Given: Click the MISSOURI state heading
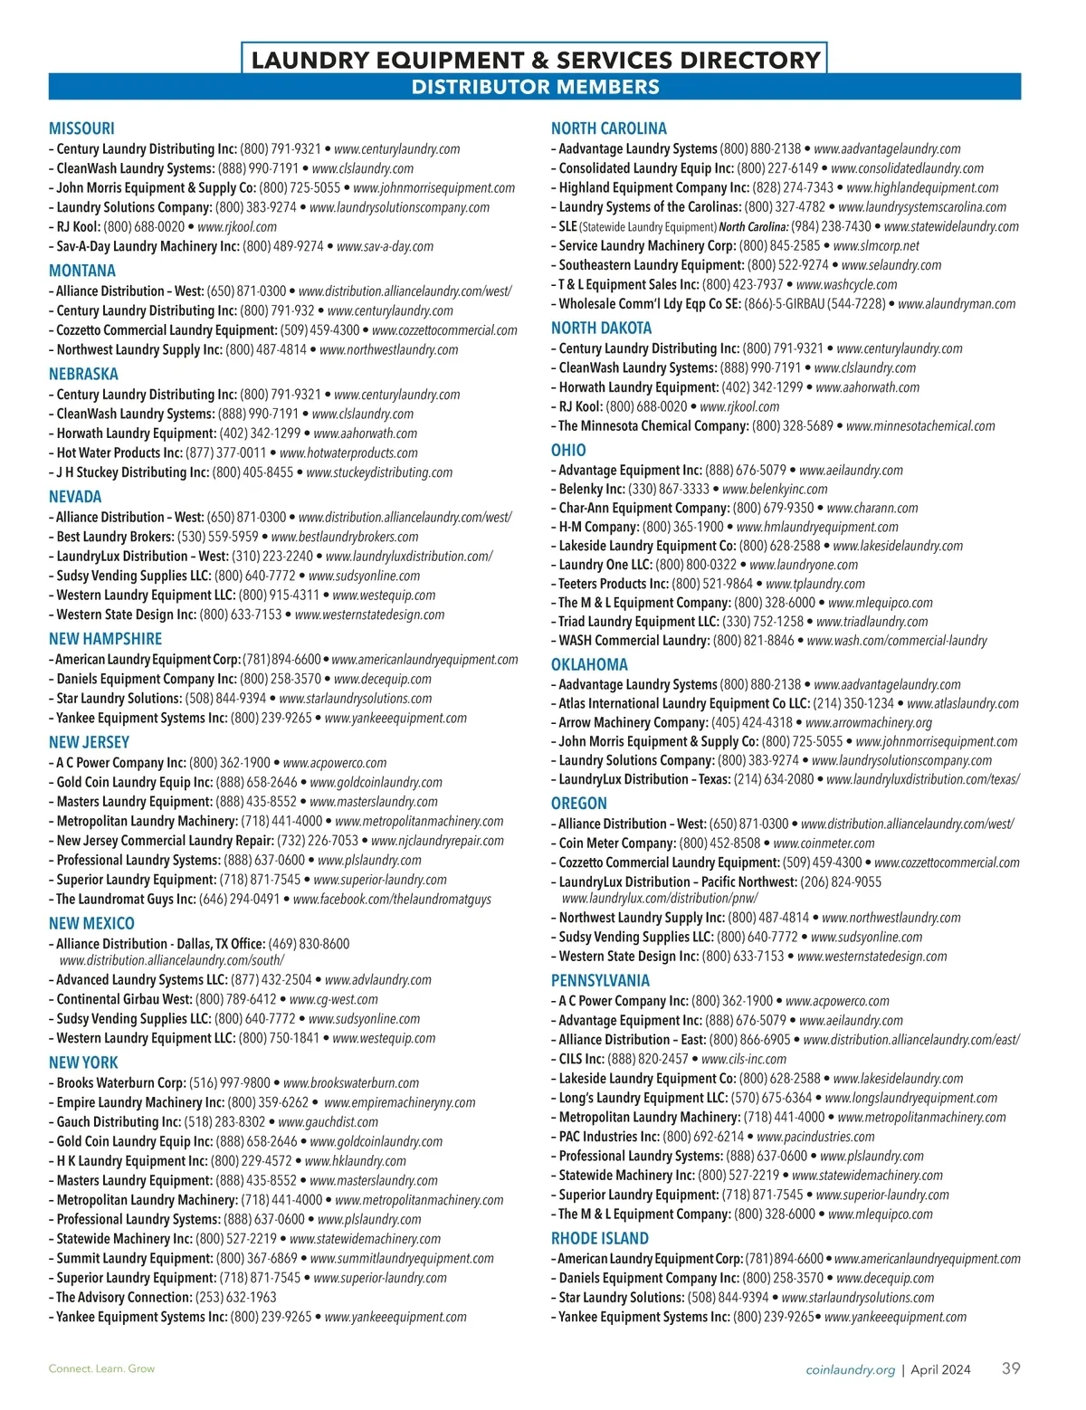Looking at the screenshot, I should tap(81, 129).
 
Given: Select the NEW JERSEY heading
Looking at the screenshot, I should tap(89, 742).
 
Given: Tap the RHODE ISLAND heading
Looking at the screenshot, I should tap(599, 1238).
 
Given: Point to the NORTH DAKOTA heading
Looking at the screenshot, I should tap(601, 328).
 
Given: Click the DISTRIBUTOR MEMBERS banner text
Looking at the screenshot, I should tap(535, 87).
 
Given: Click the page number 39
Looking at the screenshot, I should tap(1011, 1368).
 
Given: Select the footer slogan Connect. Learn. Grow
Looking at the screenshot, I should tap(101, 1368).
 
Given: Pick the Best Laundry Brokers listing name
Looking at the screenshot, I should tap(115, 537).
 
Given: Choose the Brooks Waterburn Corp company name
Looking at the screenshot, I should tap(121, 1082).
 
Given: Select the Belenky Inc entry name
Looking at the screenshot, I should tap(591, 489).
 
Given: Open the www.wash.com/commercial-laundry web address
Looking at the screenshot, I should tap(897, 640).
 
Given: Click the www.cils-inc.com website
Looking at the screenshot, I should tap(744, 1059).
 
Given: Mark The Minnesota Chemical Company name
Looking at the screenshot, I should tap(653, 425).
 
